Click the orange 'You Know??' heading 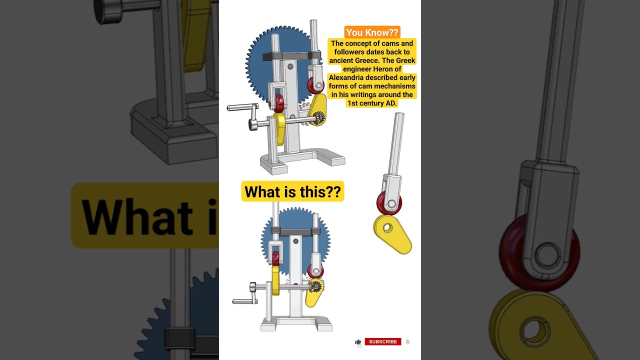(372, 32)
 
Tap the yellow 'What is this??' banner (292, 191)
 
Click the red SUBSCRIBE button (382, 341)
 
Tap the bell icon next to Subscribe (407, 341)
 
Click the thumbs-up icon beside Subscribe (358, 342)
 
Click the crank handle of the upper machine (241, 107)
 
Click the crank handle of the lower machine (244, 301)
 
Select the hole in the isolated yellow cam (387, 228)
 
